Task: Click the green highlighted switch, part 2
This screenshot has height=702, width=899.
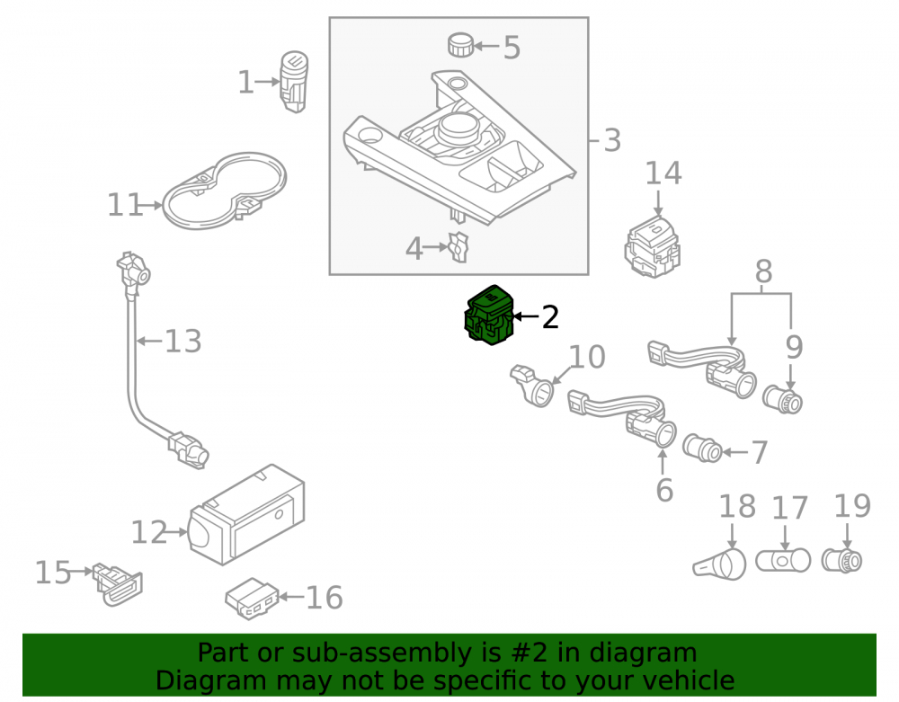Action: (488, 315)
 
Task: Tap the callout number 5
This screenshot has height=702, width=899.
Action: (512, 48)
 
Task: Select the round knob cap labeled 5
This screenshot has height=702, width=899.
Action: (461, 45)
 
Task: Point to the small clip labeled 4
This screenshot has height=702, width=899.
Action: (459, 247)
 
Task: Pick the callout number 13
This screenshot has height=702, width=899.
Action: (182, 341)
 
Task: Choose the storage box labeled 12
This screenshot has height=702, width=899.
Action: (246, 514)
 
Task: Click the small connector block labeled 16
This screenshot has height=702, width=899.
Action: (252, 599)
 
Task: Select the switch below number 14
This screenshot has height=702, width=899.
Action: (653, 246)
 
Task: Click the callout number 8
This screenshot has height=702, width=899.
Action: (763, 271)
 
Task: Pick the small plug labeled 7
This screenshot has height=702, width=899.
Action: (702, 449)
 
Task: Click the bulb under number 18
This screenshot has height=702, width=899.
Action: (720, 564)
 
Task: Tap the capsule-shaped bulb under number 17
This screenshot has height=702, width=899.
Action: (783, 561)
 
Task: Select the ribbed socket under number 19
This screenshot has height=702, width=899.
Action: (841, 561)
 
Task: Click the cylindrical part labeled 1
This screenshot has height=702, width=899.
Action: (294, 82)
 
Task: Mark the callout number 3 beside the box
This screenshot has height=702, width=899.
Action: (612, 140)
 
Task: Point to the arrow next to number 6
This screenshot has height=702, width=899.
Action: (663, 462)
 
